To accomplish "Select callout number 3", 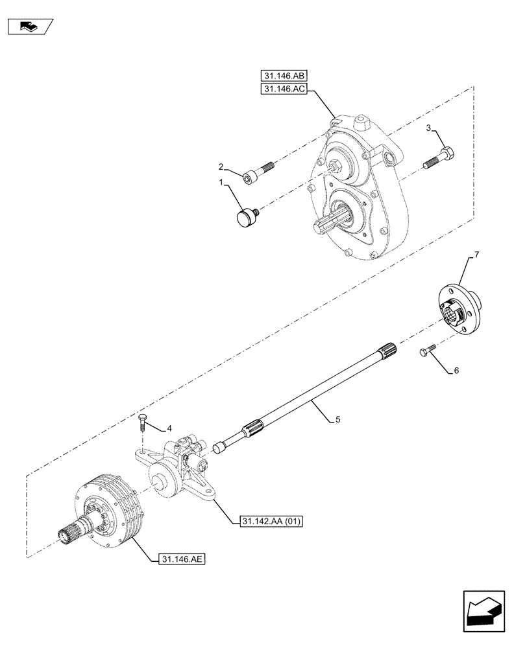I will pos(430,129).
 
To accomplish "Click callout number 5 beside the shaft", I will pos(337,420).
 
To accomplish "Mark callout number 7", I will pos(476,256).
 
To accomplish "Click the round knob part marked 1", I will pos(246,216).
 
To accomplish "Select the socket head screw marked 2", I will pos(258,172).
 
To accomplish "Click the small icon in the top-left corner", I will pos(29,27).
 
